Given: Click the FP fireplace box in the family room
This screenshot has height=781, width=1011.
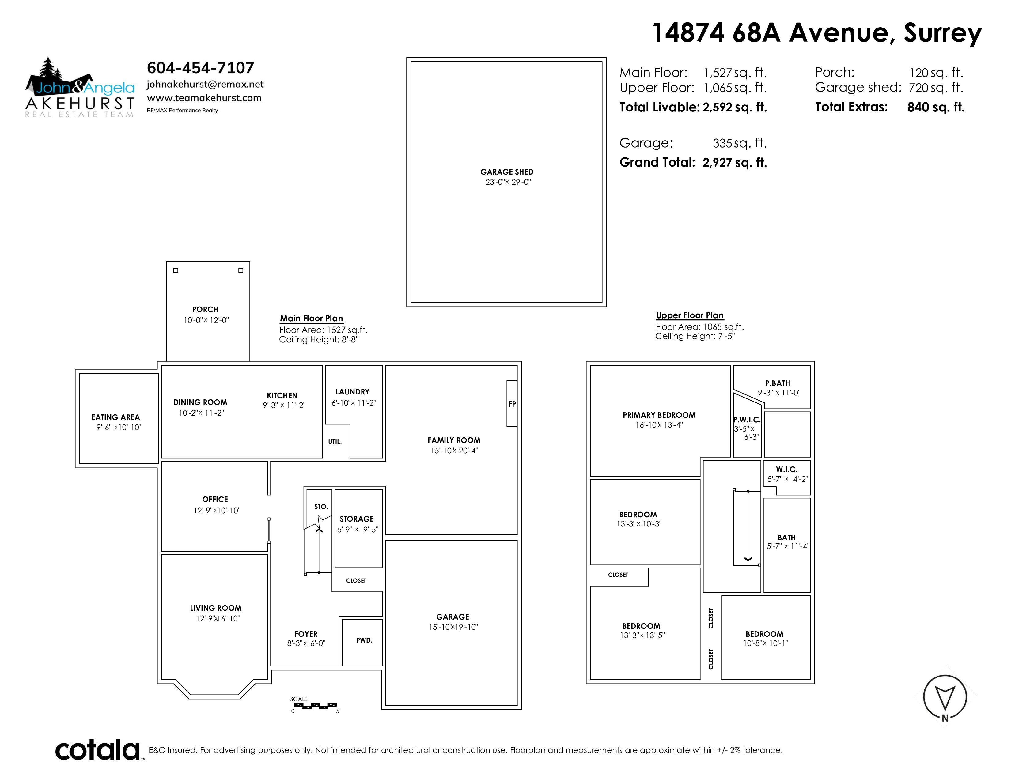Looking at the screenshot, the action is tap(512, 403).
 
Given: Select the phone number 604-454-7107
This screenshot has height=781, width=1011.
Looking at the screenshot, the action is tap(200, 68).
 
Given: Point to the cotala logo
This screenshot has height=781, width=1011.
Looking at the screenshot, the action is tap(98, 750).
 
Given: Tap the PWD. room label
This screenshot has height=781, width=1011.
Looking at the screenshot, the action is tap(364, 640).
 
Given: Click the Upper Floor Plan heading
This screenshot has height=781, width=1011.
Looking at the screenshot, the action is tap(690, 315).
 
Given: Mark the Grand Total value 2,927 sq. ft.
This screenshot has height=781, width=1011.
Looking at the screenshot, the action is tap(735, 162).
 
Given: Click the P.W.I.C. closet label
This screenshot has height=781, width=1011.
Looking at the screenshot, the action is tap(747, 420).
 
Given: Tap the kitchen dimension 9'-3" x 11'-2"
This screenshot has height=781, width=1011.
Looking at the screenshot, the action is tap(284, 405).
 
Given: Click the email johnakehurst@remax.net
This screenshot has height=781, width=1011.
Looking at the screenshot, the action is tap(205, 84).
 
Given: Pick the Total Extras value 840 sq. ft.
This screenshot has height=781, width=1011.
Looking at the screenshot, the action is tap(936, 107).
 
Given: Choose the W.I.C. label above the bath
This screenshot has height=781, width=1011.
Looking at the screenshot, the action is tap(786, 469).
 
